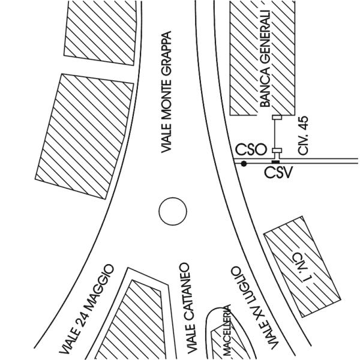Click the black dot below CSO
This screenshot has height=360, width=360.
coord(244,163)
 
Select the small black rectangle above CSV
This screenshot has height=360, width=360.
coord(275,161)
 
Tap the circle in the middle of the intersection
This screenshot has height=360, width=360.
coord(173,211)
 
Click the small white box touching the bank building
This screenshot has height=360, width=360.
coord(276,118)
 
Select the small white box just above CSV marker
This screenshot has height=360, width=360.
coord(276,151)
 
